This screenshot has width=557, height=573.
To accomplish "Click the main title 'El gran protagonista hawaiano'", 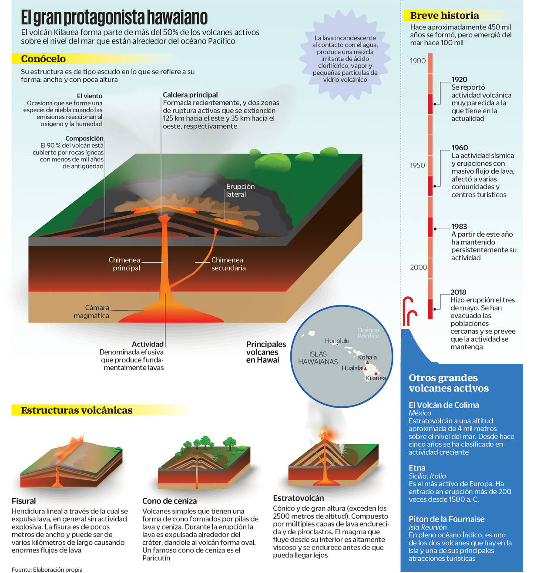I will click(x=114, y=18).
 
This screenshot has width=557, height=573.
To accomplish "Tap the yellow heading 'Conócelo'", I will click(x=43, y=59).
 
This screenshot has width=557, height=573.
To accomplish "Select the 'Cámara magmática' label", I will click(x=91, y=312).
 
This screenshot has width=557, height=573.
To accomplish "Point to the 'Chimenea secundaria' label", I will click(x=228, y=264).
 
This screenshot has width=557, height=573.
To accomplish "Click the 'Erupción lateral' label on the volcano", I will click(x=240, y=190).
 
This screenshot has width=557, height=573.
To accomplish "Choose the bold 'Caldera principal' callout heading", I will click(x=190, y=95).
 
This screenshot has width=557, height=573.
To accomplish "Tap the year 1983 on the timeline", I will click(x=459, y=226).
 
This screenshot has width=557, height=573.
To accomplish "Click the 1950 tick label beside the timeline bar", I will click(x=417, y=165).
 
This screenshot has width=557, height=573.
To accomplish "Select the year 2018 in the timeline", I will click(x=458, y=292).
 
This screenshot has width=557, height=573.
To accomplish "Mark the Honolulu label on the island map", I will click(x=337, y=341).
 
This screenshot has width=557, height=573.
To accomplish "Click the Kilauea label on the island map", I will click(x=376, y=378).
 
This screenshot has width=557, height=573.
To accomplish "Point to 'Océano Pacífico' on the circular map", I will click(x=368, y=333).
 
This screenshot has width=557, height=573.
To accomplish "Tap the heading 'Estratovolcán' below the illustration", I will click(x=298, y=498).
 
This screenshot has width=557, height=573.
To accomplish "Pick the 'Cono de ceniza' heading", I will click(x=169, y=501).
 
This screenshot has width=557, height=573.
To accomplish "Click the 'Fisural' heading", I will click(x=23, y=501).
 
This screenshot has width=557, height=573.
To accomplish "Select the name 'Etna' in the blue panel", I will click(x=417, y=468).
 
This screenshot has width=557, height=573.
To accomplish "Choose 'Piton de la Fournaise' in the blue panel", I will click(x=446, y=519).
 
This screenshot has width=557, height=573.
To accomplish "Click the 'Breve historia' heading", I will click(x=444, y=16).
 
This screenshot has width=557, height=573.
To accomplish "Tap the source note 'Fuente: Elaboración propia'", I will click(x=47, y=570).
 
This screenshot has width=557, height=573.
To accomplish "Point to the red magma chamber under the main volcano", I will click(x=171, y=317).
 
